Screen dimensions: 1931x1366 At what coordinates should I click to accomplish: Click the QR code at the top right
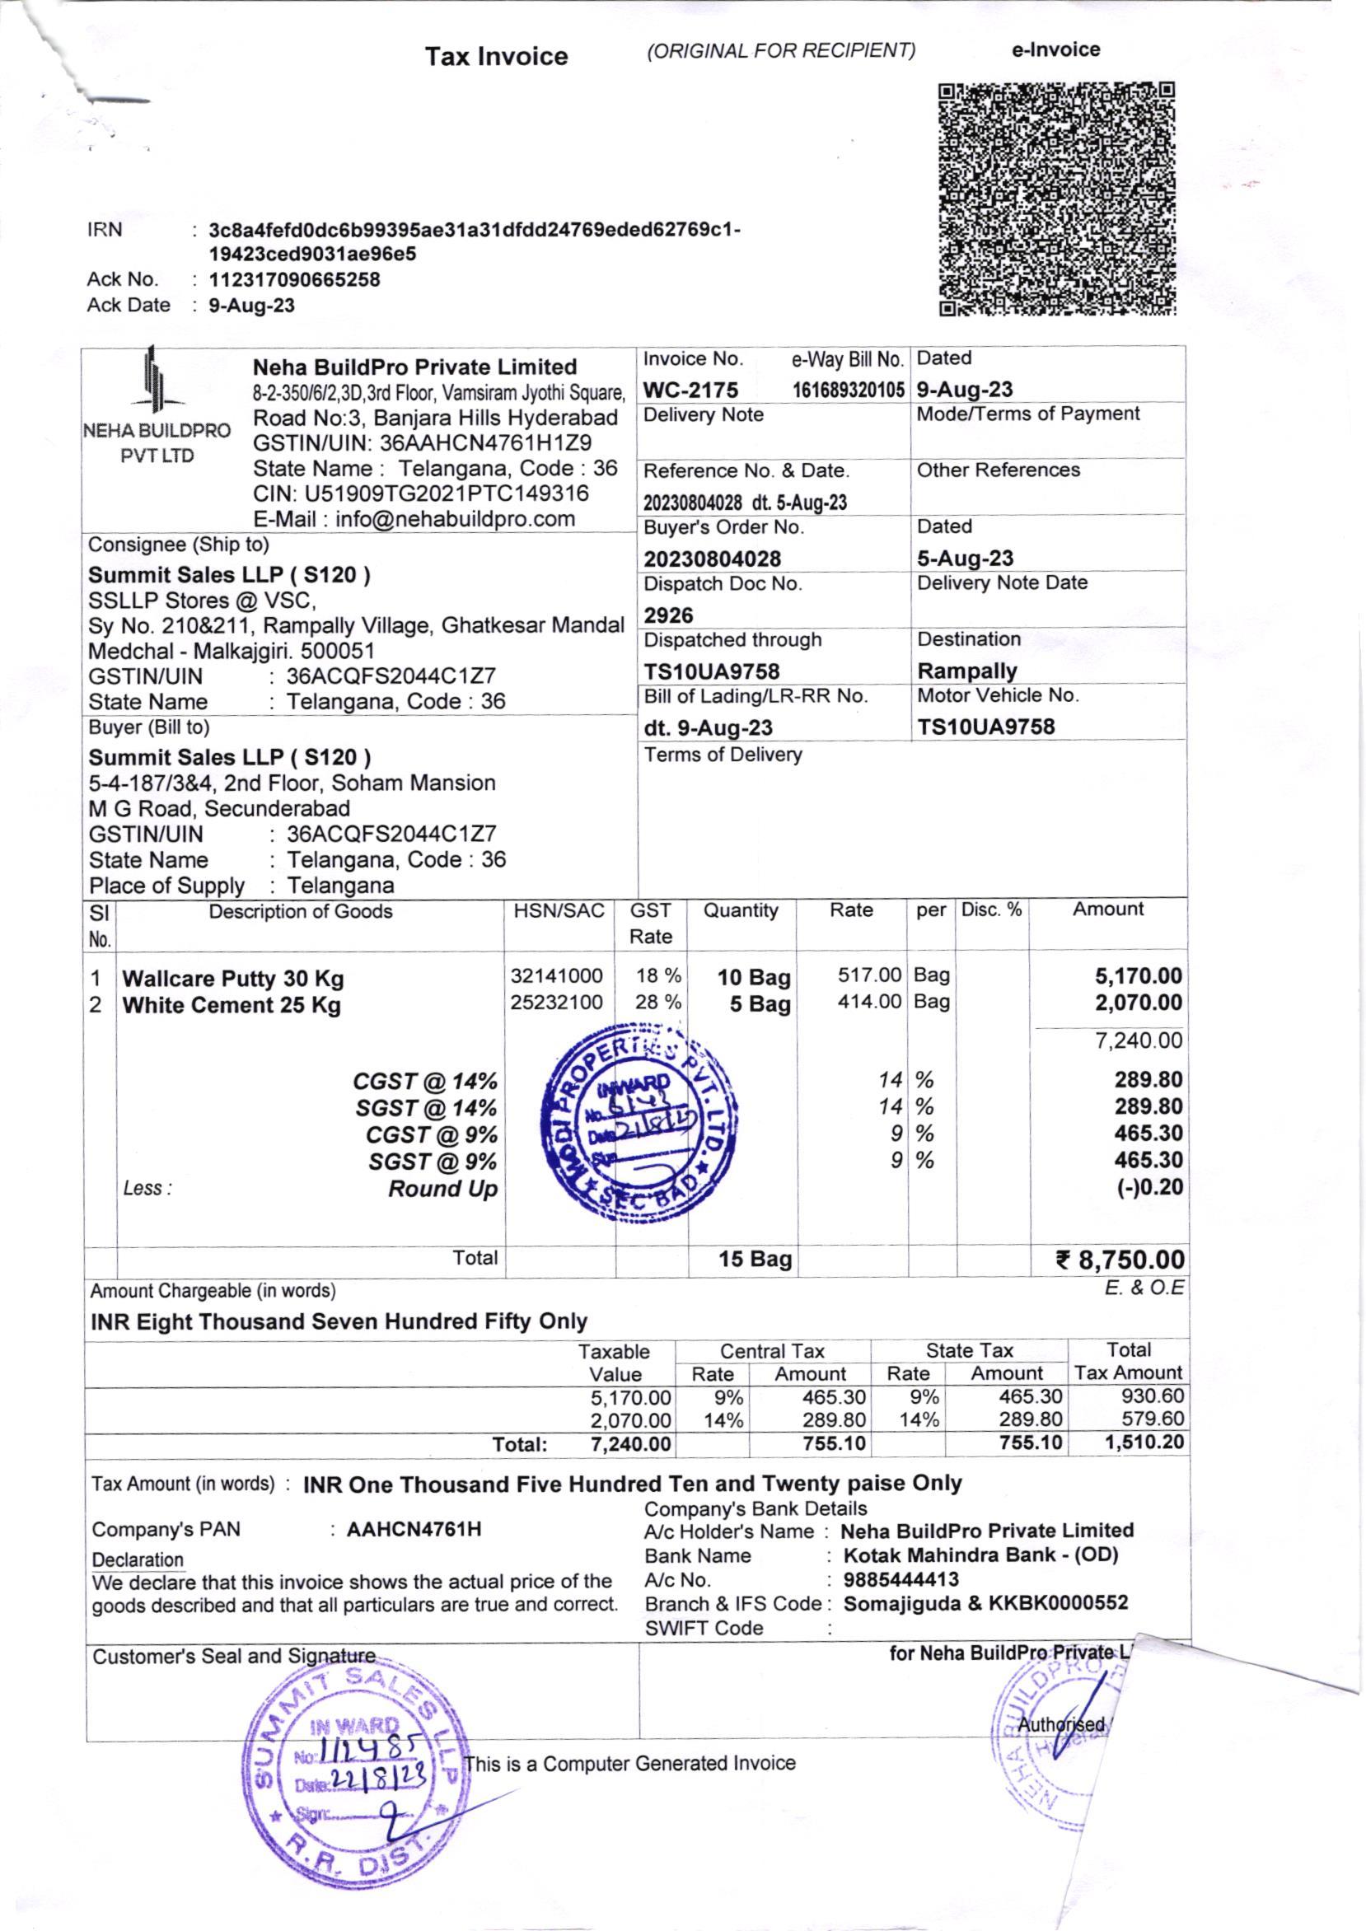[x=1056, y=199]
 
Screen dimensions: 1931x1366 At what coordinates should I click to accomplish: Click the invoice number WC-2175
[x=690, y=390]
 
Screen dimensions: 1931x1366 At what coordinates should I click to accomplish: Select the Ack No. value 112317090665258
[x=294, y=279]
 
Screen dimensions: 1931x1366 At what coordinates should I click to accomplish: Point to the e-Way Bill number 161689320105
[x=848, y=390]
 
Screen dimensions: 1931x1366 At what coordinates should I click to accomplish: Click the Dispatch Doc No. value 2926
[x=669, y=615]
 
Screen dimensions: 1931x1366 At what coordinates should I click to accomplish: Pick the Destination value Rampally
[x=967, y=671]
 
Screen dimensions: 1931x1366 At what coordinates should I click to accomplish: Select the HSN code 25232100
[x=557, y=1003]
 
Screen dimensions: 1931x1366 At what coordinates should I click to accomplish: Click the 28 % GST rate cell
[x=657, y=1003]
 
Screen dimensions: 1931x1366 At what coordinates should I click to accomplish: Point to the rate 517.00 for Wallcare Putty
[x=869, y=975]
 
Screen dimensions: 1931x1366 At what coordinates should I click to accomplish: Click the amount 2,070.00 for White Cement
[x=1138, y=1003]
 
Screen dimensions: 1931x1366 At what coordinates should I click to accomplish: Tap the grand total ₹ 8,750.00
[x=1120, y=1260]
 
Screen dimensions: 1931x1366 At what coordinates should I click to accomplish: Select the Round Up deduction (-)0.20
[x=1150, y=1188]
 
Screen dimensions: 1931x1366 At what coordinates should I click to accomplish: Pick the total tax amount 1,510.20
[x=1144, y=1443]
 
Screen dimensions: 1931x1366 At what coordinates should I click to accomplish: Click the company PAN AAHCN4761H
[x=414, y=1529]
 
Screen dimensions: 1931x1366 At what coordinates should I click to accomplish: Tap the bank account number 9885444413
[x=901, y=1579]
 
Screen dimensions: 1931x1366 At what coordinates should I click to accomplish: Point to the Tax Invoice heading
[x=496, y=56]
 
